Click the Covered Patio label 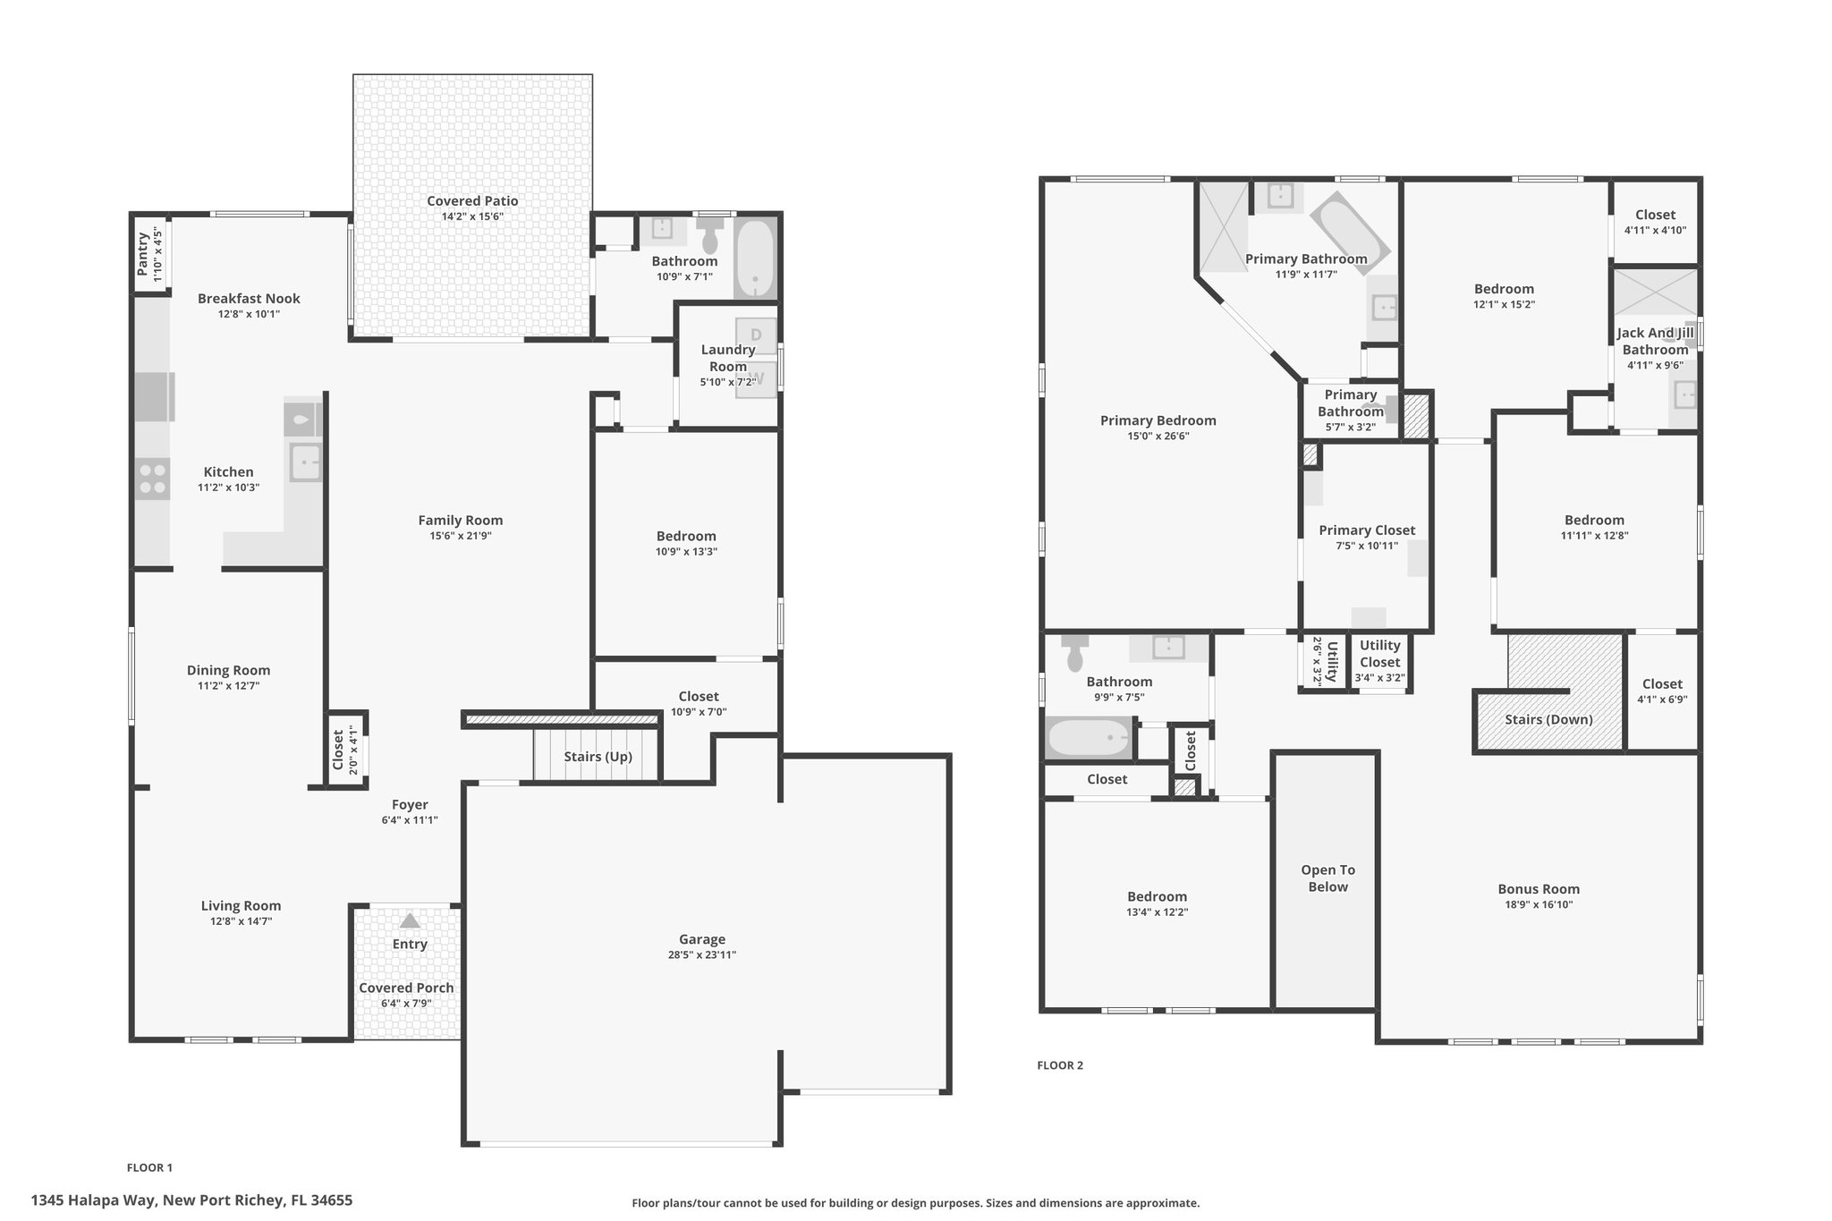click(472, 201)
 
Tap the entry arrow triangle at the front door click(409, 920)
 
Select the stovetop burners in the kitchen click(153, 479)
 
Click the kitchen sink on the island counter click(305, 463)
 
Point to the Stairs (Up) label click(598, 757)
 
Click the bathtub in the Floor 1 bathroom click(756, 259)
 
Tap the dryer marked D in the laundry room click(756, 335)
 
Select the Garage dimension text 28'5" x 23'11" click(701, 954)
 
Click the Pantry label click(143, 255)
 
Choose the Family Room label click(461, 521)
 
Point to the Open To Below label click(1327, 878)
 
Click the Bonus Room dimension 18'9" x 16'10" click(1539, 904)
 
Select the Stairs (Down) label click(1548, 719)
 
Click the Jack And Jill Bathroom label click(1655, 341)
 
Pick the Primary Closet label click(1367, 530)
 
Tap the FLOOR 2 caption click(1060, 1065)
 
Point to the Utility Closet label click(1379, 654)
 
